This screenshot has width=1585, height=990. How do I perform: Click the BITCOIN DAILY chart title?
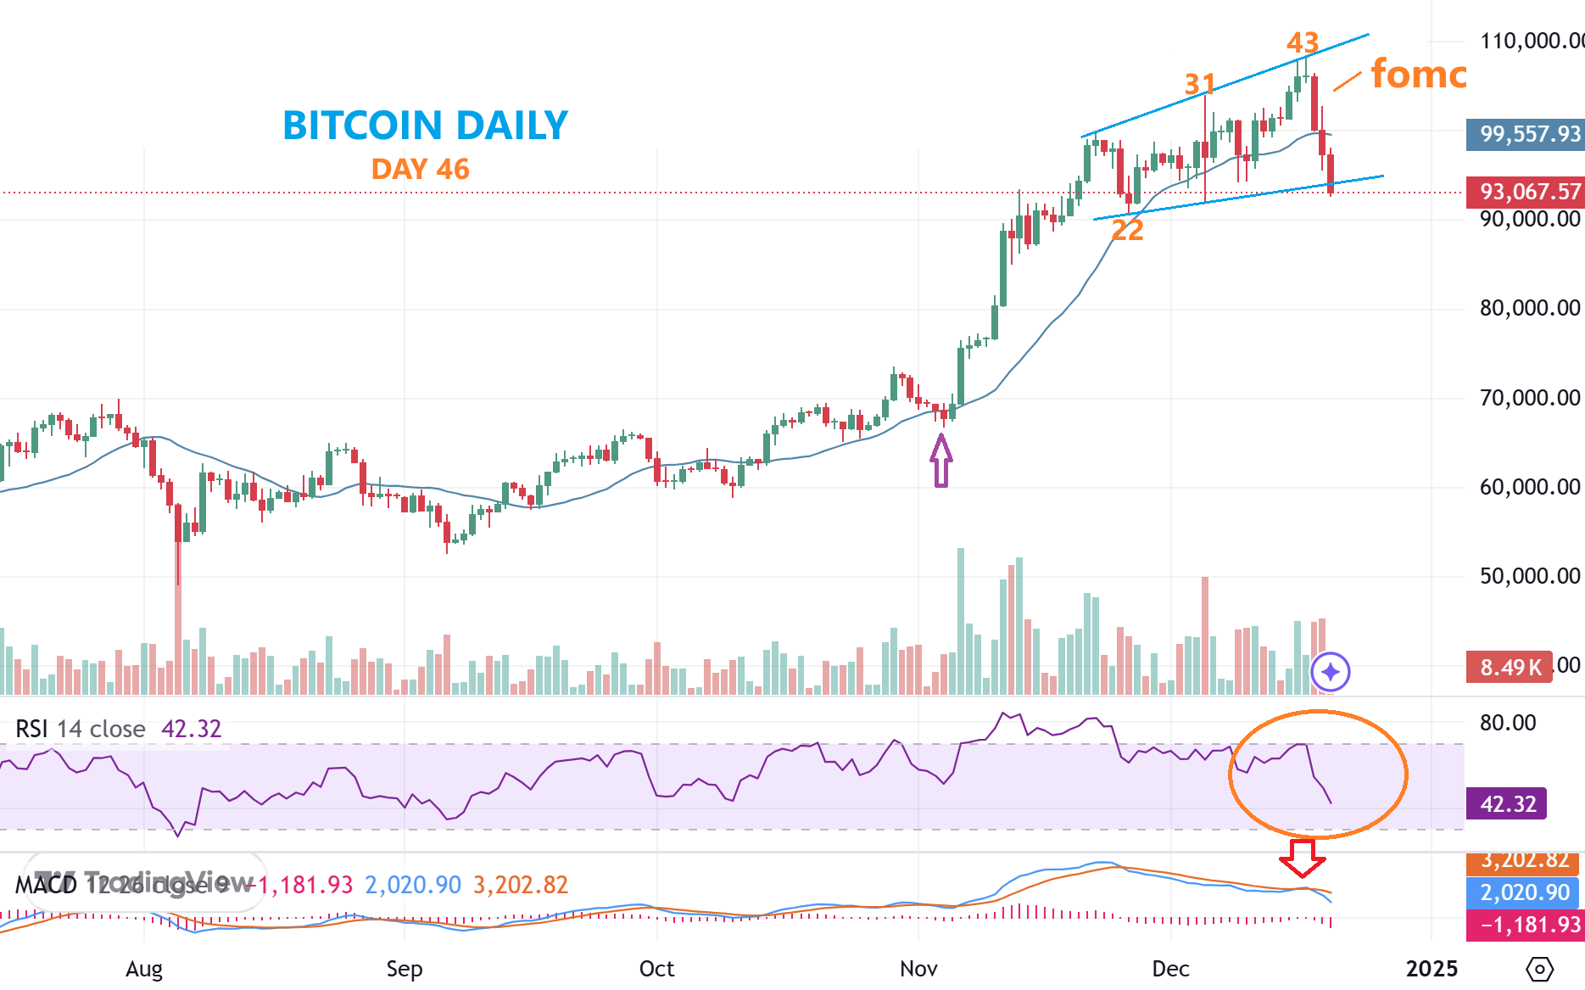coord(425,126)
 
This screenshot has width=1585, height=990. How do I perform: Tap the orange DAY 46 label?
coord(420,169)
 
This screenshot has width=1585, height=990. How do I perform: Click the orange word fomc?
coord(1418,75)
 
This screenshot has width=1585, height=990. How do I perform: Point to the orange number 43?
coord(1303,42)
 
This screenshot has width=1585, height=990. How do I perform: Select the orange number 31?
coord(1200,84)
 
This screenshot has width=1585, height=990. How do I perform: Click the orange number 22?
coord(1127,230)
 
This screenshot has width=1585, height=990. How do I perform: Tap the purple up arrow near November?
coord(941,461)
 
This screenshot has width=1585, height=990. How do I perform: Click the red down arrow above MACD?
coord(1302,858)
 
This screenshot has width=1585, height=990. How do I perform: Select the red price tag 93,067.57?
coord(1525,193)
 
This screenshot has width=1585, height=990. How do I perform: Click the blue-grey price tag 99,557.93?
coord(1525,134)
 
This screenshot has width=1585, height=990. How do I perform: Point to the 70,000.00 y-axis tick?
coord(1530,398)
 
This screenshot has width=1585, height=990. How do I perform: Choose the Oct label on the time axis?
coord(656,969)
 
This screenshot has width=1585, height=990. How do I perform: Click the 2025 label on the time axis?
coord(1432,969)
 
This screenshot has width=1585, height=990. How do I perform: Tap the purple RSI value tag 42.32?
coord(1506,803)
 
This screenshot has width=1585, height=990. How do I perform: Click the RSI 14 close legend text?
coord(81,729)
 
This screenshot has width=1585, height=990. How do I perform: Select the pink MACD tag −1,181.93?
coord(1524,924)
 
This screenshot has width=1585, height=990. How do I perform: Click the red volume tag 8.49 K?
coord(1510,668)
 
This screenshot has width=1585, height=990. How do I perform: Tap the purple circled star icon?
coord(1330,672)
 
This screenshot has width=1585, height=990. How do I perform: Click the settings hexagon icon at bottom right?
coord(1539,969)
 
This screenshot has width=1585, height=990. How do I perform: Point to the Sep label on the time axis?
coord(404,969)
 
